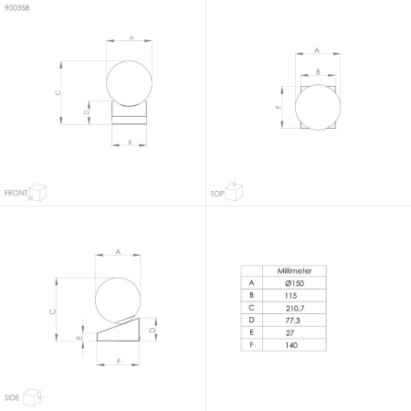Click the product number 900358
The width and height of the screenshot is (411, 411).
[17, 8]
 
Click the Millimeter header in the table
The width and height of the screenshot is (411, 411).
[294, 270]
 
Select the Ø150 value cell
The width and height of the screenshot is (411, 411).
[294, 283]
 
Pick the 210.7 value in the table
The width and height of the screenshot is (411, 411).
[295, 308]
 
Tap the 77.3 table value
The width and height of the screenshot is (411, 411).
[292, 321]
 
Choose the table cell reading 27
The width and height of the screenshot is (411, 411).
[290, 332]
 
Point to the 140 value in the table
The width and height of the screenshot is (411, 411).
[291, 345]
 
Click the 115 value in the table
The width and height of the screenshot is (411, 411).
[290, 295]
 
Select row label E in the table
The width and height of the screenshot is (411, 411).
[251, 332]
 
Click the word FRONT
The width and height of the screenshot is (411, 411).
[16, 193]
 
